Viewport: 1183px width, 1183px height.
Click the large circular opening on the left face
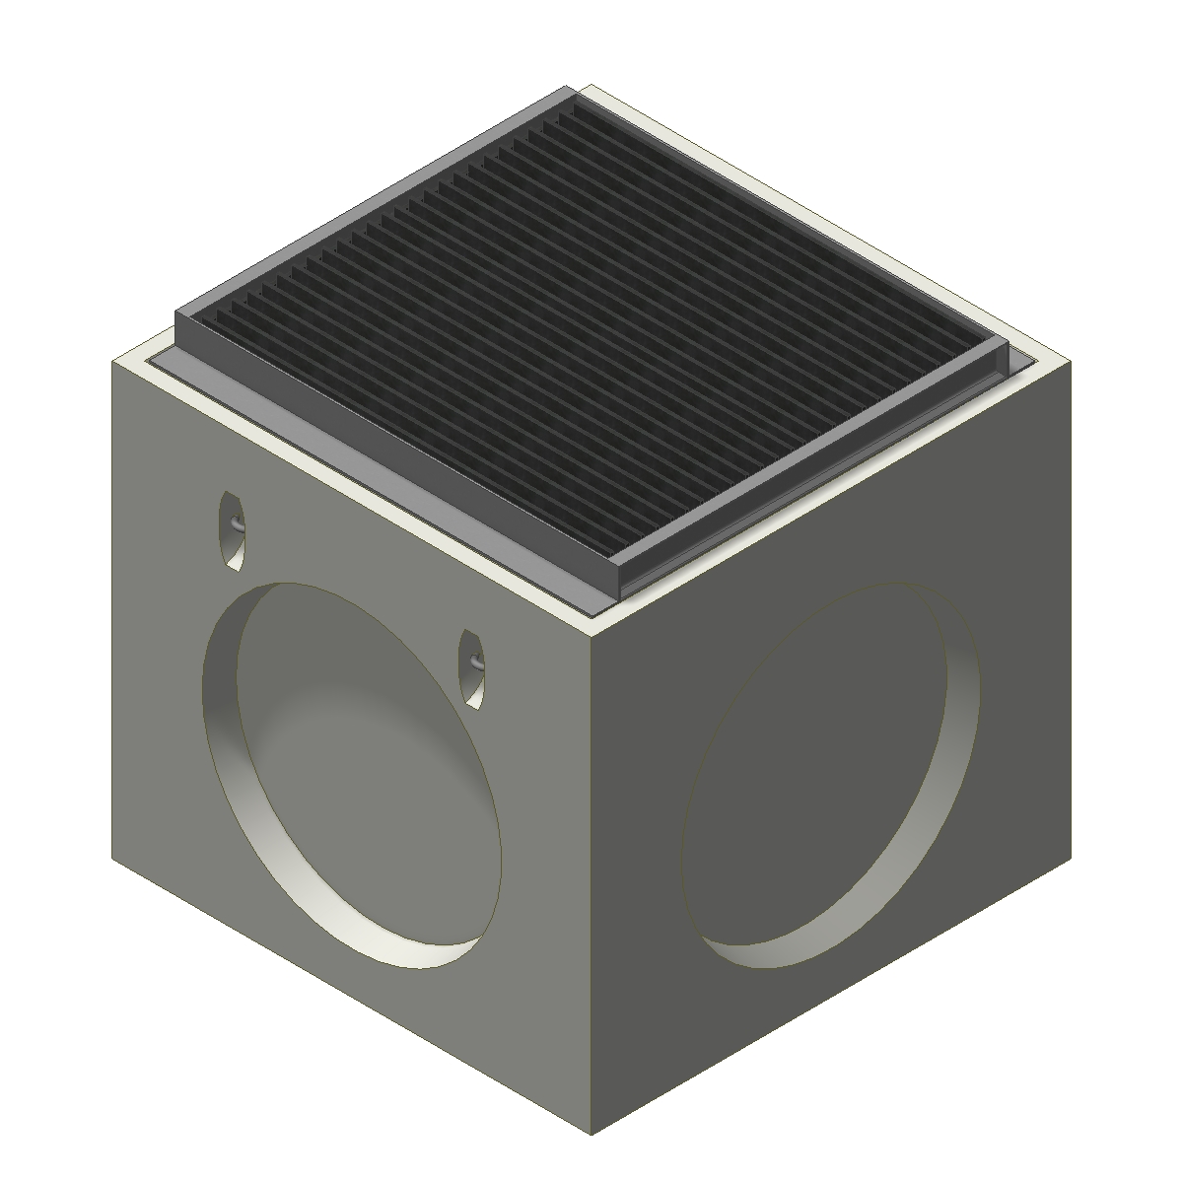click(355, 774)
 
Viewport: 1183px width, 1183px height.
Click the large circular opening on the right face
click(828, 769)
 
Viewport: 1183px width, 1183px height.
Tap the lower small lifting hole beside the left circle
click(473, 668)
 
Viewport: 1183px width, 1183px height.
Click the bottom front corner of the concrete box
click(591, 1134)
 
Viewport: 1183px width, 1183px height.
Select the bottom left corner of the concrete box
click(112, 858)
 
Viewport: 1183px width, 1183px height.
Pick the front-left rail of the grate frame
click(394, 453)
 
